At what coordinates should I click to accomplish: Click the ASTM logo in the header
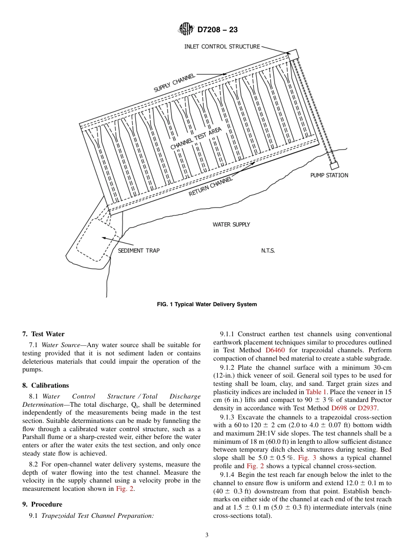click(187, 30)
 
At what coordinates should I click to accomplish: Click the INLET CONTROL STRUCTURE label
click(222, 47)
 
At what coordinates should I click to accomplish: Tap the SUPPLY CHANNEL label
click(174, 83)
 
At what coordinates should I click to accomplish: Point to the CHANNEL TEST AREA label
click(196, 138)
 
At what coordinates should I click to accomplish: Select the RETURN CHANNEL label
click(210, 186)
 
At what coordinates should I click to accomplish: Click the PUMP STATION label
click(329, 175)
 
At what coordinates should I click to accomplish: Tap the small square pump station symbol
click(334, 166)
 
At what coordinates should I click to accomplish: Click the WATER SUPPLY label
click(231, 224)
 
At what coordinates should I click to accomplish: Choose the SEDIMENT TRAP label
click(139, 250)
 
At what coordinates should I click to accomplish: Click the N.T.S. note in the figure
click(268, 250)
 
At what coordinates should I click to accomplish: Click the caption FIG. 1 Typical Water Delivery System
click(207, 304)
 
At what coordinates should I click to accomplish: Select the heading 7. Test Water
click(43, 334)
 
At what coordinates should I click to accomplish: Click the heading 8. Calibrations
click(45, 385)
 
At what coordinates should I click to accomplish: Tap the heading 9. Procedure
click(42, 504)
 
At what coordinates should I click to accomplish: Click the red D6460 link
click(275, 350)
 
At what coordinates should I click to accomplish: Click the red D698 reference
click(339, 408)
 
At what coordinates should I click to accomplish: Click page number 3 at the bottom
click(207, 535)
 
